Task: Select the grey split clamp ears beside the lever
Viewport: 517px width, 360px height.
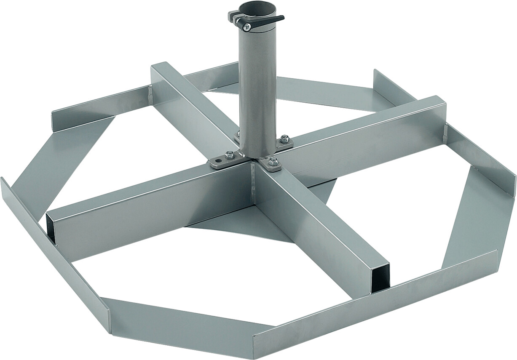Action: pyautogui.click(x=234, y=17)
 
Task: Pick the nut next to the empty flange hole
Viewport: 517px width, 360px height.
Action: pyautogui.click(x=230, y=155)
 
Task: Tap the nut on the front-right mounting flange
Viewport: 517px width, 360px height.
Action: pyautogui.click(x=273, y=160)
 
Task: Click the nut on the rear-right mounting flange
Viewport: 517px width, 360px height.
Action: pyautogui.click(x=285, y=138)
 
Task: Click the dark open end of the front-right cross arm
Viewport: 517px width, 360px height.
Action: pyautogui.click(x=380, y=278)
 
